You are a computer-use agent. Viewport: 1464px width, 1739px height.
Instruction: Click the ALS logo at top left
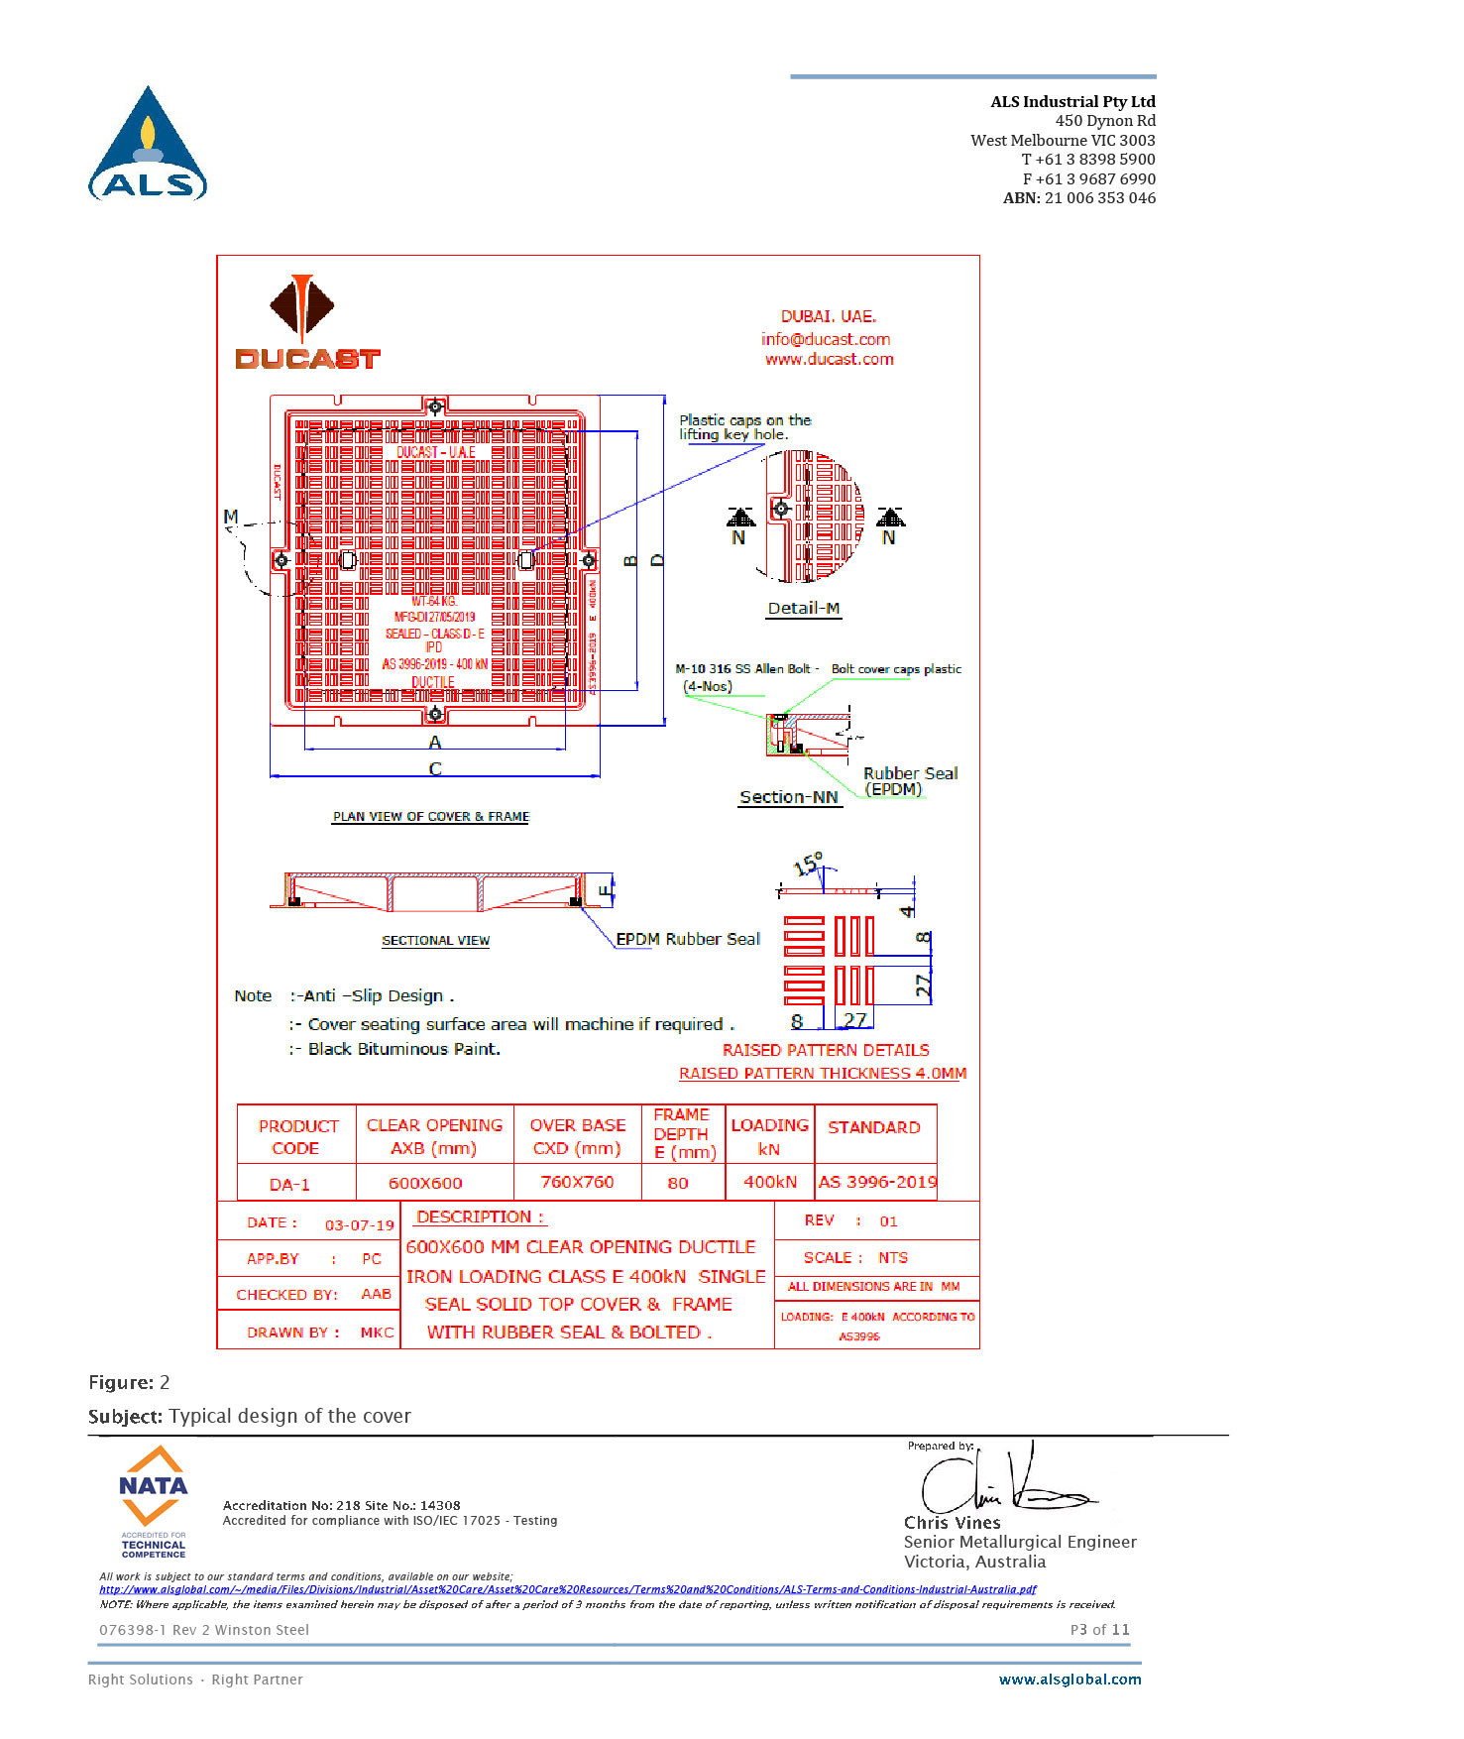[148, 145]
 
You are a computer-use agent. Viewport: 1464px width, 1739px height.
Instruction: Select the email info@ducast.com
[825, 339]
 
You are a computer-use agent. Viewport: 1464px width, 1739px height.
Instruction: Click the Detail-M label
[803, 609]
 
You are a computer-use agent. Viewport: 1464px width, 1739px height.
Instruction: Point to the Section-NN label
[788, 797]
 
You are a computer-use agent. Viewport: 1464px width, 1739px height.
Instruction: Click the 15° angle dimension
[808, 865]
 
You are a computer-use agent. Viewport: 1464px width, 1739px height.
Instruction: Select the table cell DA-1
[289, 1184]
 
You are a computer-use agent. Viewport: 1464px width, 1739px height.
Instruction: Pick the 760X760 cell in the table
[577, 1182]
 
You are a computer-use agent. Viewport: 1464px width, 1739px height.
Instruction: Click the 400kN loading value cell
[770, 1182]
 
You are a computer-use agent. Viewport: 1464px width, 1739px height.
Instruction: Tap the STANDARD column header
[873, 1127]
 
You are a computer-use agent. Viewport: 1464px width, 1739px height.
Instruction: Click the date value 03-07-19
[359, 1225]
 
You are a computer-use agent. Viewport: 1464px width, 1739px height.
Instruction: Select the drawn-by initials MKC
[377, 1333]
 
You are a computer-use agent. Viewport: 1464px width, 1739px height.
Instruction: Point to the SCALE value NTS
[892, 1257]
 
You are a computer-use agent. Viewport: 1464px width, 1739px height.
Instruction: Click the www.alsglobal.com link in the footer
[1070, 1680]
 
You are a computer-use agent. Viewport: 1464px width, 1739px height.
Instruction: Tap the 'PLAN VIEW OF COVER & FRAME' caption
[430, 817]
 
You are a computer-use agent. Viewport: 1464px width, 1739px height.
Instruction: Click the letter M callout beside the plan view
[231, 517]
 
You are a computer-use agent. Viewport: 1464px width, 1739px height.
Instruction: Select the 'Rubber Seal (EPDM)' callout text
[909, 781]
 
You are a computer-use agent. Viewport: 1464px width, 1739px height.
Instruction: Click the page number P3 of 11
[1099, 1630]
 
